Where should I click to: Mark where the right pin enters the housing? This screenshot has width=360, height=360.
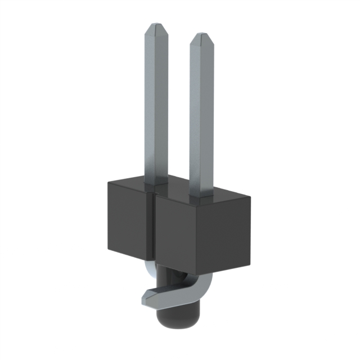(201, 199)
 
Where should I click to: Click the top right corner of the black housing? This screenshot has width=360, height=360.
(250, 196)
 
